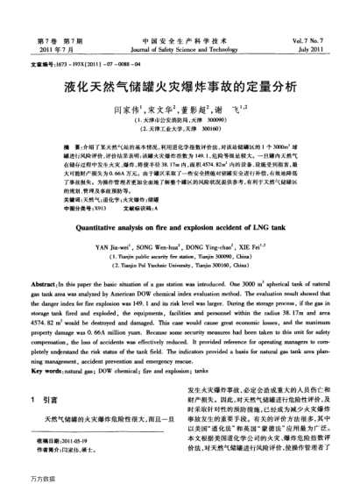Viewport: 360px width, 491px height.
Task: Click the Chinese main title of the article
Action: pyautogui.click(x=180, y=89)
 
